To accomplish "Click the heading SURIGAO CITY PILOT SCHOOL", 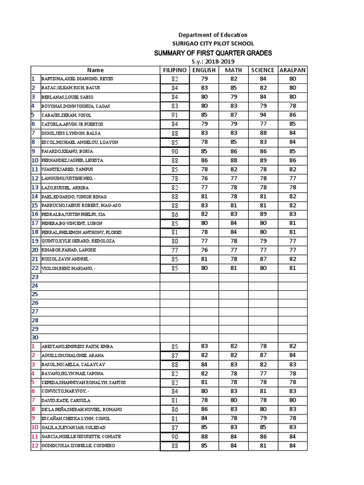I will tap(213, 44).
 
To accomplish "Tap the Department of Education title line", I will tap(213, 35).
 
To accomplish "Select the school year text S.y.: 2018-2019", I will tap(213, 62).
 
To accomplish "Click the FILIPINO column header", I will tap(174, 70).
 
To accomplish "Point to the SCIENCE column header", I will tap(263, 70).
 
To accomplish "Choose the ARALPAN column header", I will tap(292, 70).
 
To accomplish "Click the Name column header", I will tap(95, 70).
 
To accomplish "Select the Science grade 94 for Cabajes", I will tap(263, 115).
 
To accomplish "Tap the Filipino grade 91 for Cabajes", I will tap(175, 115).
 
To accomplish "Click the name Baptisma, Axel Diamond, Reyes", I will tap(77, 79).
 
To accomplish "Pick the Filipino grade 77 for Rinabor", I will tap(175, 250).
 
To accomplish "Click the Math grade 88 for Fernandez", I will tap(234, 161).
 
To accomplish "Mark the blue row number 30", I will tap(35, 338).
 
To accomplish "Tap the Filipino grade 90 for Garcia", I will tap(175, 437).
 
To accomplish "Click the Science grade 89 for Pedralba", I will tap(263, 215).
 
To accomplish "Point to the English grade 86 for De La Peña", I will tap(204, 409).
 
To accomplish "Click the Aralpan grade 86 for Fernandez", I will tap(292, 161).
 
